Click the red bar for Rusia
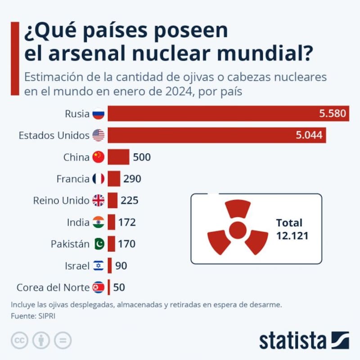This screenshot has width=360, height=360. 211,114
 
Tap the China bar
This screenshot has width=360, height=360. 118,157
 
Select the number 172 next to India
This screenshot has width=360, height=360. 127,222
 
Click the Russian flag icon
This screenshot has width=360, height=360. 98,114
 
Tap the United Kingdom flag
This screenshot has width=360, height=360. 98,200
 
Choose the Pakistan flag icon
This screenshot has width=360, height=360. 98,244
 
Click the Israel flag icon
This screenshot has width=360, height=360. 98,265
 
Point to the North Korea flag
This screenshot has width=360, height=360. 98,287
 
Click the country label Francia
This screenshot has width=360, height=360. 73,179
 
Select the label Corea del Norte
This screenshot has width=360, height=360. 53,287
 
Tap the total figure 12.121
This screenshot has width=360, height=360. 292,235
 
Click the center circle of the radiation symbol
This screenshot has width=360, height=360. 237,230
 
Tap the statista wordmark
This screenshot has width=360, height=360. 292,341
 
